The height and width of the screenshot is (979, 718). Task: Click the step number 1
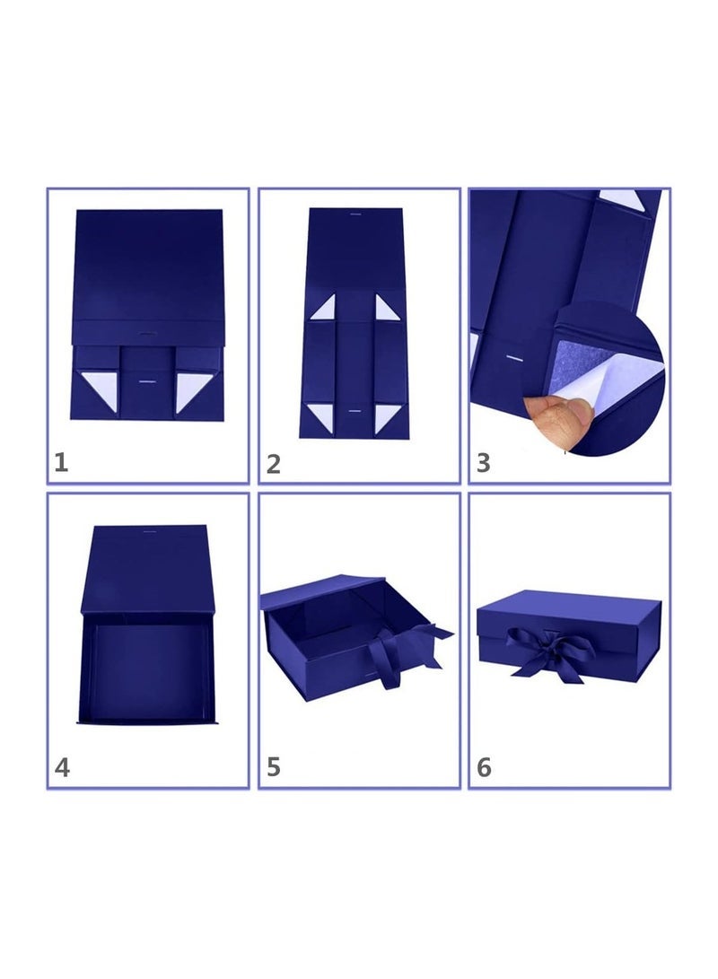tap(61, 463)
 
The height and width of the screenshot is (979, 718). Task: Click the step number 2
tap(274, 464)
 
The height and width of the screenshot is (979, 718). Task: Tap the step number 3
tap(484, 464)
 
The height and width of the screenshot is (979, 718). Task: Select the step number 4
tap(61, 768)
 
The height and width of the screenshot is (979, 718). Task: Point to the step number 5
tap(274, 768)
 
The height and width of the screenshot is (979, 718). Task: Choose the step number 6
tap(484, 768)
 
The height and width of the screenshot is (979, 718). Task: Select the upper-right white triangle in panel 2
tap(384, 310)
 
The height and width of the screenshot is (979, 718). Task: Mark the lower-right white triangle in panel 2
tap(385, 415)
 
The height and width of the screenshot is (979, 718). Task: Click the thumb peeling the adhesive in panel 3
tap(563, 415)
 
